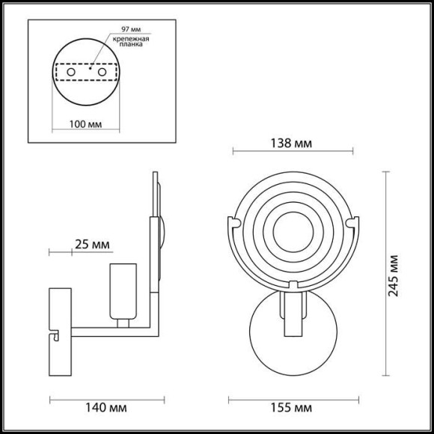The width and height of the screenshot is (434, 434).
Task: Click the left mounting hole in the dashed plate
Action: [73, 72]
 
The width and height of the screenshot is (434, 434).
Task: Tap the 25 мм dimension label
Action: [93, 244]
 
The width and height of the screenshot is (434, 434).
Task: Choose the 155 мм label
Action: [293, 408]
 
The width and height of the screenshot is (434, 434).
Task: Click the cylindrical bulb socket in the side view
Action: [122, 292]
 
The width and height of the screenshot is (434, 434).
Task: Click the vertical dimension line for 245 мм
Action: [385, 275]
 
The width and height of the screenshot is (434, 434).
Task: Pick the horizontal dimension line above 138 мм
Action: [293, 153]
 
